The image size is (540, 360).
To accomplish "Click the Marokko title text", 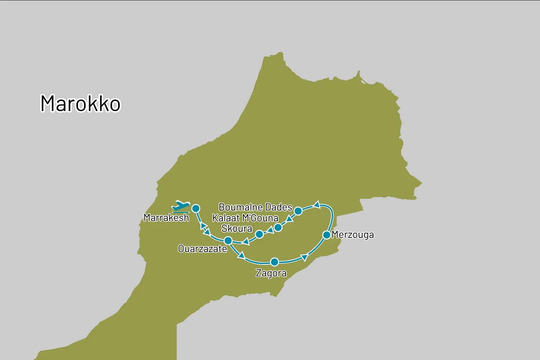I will (x=80, y=103).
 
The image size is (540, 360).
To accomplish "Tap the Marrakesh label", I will (x=166, y=218).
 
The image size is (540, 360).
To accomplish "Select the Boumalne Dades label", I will (x=255, y=207).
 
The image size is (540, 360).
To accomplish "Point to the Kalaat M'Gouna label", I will (x=245, y=218).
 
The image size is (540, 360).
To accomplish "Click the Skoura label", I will (x=237, y=228).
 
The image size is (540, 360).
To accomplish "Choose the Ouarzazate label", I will (x=202, y=249).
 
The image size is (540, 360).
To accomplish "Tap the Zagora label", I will (x=271, y=273).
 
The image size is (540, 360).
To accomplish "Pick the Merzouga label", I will (x=353, y=235).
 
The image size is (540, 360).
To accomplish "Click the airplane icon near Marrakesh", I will (x=181, y=206).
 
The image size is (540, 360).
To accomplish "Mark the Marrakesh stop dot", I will (x=196, y=209).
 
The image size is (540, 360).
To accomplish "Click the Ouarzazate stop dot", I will (x=228, y=241).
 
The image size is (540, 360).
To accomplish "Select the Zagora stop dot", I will (x=275, y=262).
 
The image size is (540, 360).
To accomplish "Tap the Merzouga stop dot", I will (x=327, y=235).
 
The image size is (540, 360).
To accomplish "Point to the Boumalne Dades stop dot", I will (x=298, y=211).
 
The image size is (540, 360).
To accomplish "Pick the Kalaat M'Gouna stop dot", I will (x=278, y=227).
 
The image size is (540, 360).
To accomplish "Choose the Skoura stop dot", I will (x=259, y=234).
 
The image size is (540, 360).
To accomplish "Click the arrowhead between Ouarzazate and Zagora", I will (x=241, y=255).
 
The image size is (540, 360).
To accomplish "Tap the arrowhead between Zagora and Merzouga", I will (x=304, y=258).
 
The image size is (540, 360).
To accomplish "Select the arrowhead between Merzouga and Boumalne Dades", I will (x=317, y=204).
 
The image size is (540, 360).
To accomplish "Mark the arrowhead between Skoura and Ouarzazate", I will (x=246, y=242).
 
